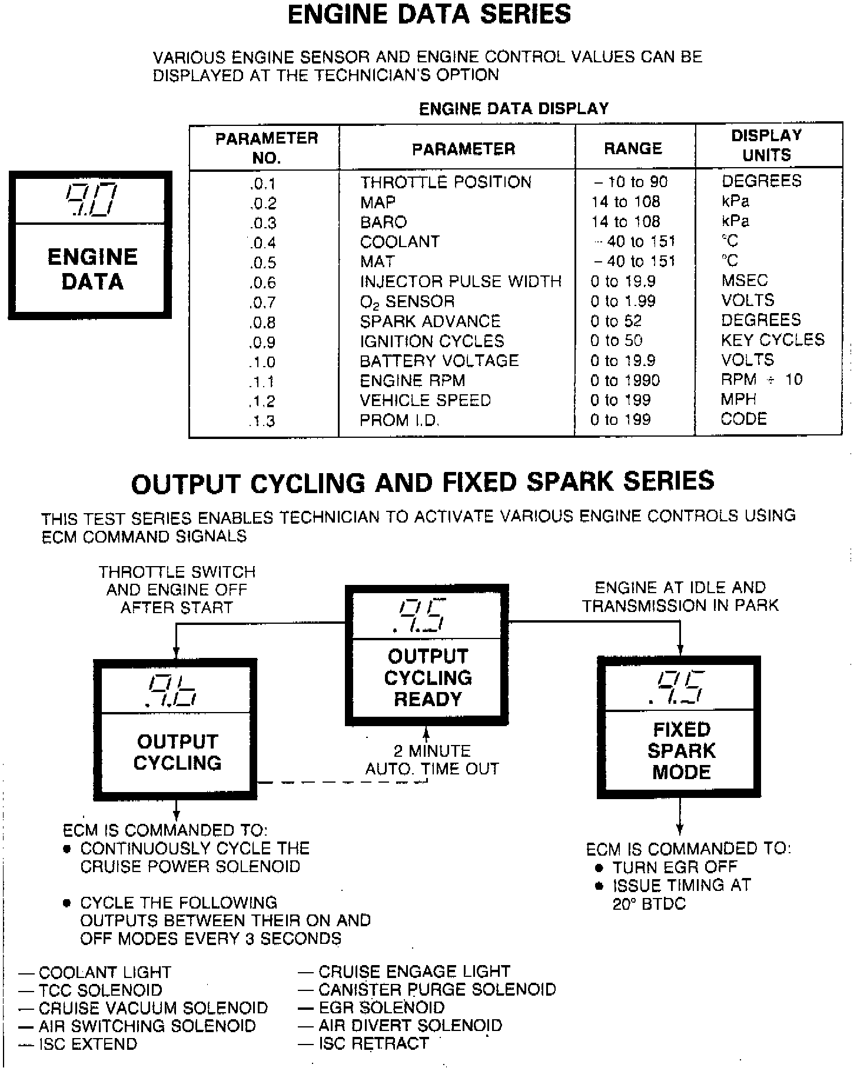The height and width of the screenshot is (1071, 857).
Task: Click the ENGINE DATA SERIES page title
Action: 429,15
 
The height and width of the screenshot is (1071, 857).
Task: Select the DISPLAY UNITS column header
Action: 766,145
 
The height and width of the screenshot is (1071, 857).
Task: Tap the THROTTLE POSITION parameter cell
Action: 446,182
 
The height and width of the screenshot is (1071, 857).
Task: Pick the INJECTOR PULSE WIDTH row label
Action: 461,281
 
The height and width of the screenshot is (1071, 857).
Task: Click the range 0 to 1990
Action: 625,381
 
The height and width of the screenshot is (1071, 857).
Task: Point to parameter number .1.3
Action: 262,421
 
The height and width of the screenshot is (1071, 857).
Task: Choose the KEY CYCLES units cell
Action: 772,340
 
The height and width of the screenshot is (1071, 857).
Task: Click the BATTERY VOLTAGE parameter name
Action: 439,361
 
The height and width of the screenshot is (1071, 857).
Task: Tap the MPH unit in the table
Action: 738,400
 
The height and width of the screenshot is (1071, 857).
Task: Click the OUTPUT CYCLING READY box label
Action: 428,677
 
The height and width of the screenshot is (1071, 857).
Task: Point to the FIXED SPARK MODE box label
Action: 682,750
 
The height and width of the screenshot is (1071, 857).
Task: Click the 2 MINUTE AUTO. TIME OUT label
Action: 432,760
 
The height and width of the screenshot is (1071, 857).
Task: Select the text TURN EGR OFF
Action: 675,867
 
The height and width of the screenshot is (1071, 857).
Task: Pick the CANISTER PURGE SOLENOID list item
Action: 437,990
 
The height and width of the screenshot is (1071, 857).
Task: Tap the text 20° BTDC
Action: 649,904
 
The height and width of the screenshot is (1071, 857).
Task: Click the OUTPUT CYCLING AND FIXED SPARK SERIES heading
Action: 423,483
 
